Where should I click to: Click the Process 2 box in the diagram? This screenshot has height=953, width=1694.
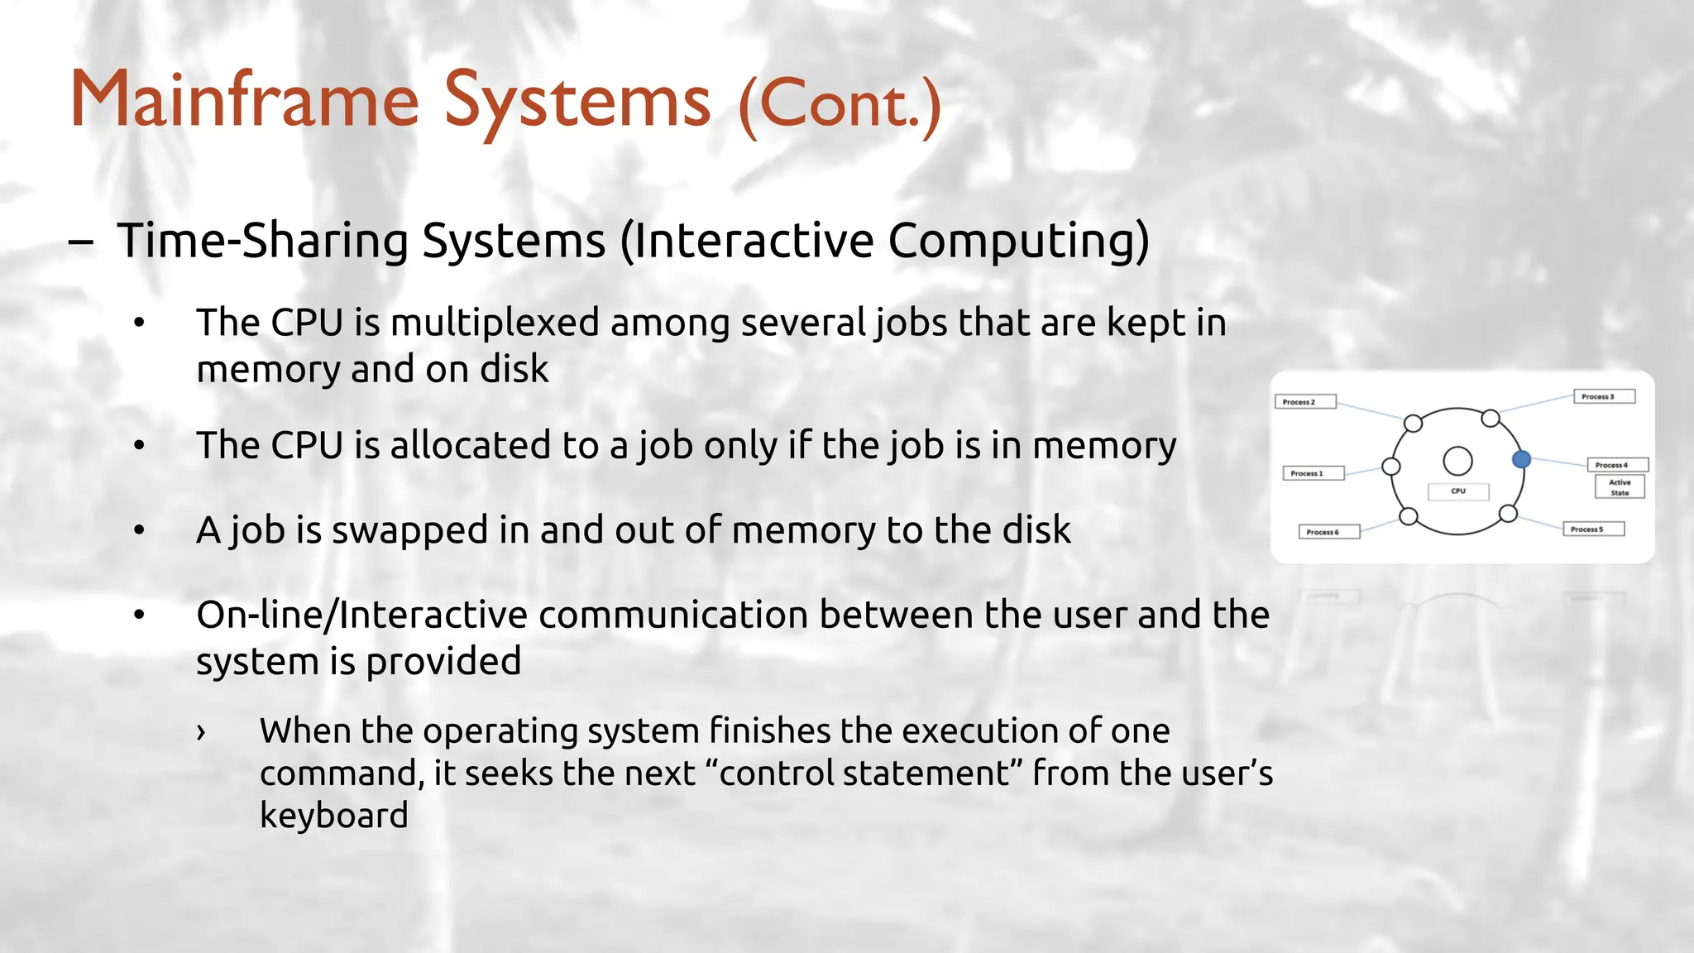(x=1304, y=402)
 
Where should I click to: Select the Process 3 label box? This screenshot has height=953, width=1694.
(x=1604, y=396)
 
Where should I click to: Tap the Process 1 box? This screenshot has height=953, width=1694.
(x=1313, y=473)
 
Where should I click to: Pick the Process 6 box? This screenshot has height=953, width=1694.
(x=1328, y=532)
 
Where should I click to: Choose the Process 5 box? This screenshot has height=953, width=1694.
(x=1592, y=529)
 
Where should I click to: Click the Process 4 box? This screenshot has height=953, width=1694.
(x=1617, y=465)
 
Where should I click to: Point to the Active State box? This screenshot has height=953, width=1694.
(x=1620, y=487)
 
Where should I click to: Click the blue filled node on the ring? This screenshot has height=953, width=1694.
(x=1521, y=459)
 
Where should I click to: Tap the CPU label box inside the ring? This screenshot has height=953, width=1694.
(x=1458, y=491)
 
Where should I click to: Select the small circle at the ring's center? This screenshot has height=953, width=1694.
(x=1457, y=461)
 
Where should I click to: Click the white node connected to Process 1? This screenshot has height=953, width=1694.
(x=1391, y=467)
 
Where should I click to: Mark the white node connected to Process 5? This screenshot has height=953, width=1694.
(x=1508, y=514)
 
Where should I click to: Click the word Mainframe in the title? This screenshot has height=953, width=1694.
(x=245, y=101)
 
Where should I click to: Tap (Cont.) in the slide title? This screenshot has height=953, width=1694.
(x=840, y=106)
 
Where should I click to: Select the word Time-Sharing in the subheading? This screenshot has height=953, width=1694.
(x=263, y=241)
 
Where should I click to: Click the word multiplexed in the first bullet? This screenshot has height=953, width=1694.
(x=494, y=323)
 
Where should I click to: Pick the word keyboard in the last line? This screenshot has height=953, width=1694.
(x=333, y=816)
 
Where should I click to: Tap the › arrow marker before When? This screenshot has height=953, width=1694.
(x=201, y=731)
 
